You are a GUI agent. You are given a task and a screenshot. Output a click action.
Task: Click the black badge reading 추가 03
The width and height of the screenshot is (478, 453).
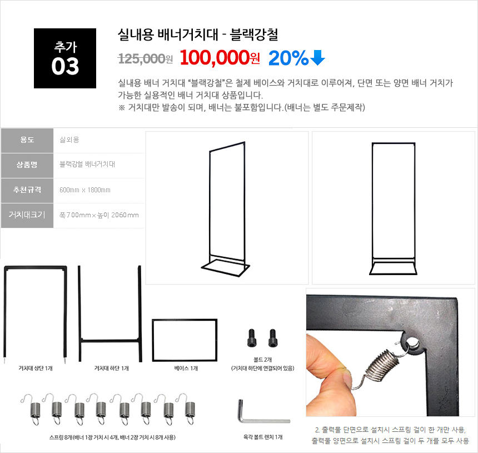[65, 58]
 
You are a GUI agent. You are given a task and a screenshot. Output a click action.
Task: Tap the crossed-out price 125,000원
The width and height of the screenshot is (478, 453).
[146, 58]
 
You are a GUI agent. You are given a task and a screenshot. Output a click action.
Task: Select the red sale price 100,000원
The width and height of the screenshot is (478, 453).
[220, 57]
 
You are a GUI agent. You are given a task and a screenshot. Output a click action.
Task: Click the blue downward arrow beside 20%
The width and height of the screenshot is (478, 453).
[318, 58]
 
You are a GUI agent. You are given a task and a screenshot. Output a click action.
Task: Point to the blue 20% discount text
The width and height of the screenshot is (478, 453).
[288, 58]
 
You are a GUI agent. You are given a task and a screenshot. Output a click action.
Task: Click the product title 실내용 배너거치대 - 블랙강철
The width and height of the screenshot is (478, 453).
[198, 34]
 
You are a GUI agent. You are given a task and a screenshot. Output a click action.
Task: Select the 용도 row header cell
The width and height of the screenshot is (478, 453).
[27, 140]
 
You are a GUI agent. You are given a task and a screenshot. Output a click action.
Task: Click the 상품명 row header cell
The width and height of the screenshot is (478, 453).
[27, 165]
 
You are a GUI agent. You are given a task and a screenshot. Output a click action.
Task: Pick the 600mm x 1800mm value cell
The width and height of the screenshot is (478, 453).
[85, 190]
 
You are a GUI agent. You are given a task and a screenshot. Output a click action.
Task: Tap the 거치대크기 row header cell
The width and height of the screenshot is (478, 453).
[27, 215]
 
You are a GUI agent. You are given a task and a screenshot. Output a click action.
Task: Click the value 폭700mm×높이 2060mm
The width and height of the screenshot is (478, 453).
[99, 215]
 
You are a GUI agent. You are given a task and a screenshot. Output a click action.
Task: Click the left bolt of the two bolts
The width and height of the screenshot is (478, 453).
[252, 338]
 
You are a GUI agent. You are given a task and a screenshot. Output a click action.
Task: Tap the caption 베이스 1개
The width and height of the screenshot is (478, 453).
[186, 369]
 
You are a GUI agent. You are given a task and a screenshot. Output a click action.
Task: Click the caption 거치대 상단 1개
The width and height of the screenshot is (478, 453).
[36, 369]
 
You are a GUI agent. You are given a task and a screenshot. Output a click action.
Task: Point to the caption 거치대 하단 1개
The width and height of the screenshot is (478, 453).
[111, 369]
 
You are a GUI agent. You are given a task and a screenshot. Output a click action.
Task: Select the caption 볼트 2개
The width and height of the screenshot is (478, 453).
[262, 360]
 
